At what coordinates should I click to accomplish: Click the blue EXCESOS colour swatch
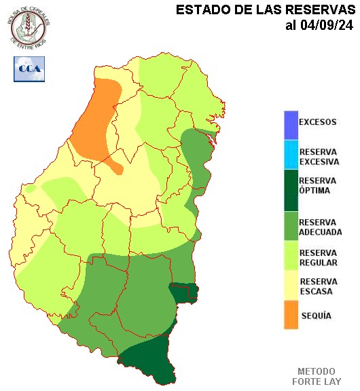click(x=291, y=124)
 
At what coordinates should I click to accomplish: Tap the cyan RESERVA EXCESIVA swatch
click(x=291, y=155)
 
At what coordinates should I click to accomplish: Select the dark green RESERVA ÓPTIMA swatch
click(x=291, y=191)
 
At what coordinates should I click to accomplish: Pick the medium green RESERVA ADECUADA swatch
click(x=291, y=226)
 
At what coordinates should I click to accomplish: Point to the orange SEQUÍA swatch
click(x=291, y=316)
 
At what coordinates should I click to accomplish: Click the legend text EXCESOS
click(x=318, y=122)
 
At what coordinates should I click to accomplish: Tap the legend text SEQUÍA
click(x=315, y=316)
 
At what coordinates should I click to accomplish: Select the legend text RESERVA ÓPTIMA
click(x=317, y=185)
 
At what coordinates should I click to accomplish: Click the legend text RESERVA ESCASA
click(x=318, y=286)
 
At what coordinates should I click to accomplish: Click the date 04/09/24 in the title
click(x=326, y=26)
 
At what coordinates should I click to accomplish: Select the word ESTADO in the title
click(x=200, y=10)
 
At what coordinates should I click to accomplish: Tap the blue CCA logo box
click(x=29, y=69)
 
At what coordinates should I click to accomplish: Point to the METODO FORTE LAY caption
click(x=316, y=377)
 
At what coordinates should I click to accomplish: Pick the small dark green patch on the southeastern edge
click(x=184, y=293)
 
